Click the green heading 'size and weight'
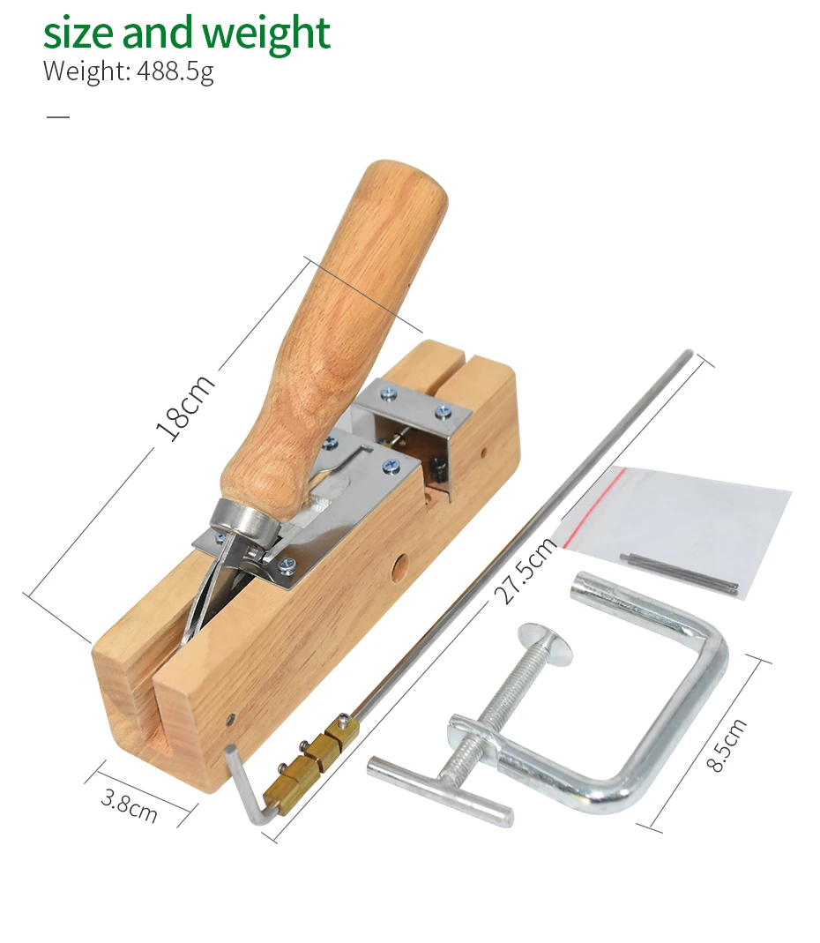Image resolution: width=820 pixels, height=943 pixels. pos(186,33)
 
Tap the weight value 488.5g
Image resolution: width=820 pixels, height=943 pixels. pos(175,71)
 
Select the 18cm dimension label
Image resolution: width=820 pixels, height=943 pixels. pos(184,408)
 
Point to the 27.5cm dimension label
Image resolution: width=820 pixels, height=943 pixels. pos(526,570)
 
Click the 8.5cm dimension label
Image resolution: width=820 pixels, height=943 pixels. pos(727,745)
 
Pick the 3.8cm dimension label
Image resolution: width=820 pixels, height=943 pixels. pos(130,805)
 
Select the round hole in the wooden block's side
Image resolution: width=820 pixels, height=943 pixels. pos(399,567)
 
